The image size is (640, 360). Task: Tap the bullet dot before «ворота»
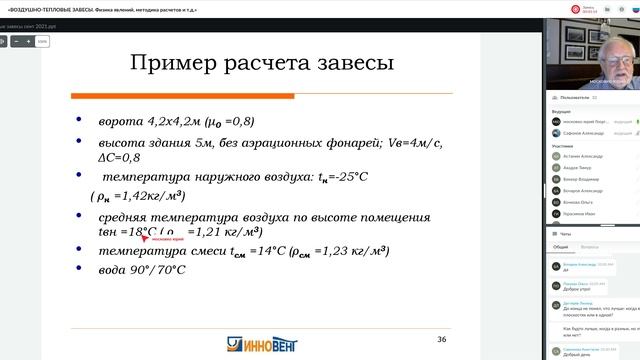[x=80, y=122]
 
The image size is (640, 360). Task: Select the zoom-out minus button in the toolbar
[x=17, y=43]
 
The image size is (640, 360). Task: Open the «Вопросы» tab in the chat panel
[x=590, y=246]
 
